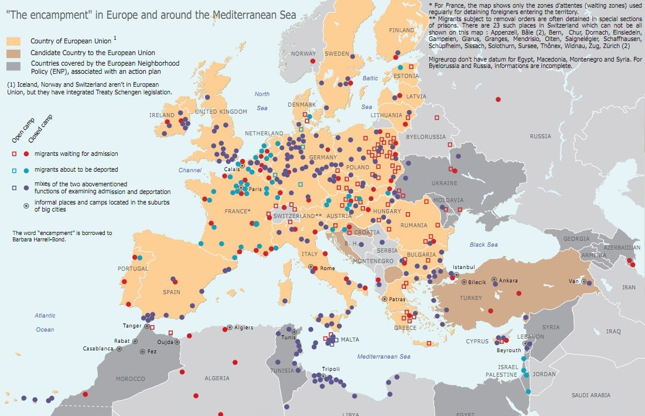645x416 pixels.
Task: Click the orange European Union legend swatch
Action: click(x=13, y=42)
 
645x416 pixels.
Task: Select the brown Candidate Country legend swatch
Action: click(x=13, y=53)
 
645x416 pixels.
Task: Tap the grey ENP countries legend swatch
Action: click(x=13, y=66)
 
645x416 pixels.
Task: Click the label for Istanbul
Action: click(x=463, y=267)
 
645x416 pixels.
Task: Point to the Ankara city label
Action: click(x=508, y=281)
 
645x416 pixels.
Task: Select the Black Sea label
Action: click(x=483, y=244)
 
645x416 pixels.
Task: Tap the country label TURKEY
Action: click(x=470, y=298)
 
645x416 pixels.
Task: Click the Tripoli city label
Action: click(x=330, y=369)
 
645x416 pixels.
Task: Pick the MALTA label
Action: click(x=350, y=340)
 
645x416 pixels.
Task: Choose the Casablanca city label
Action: click(x=98, y=349)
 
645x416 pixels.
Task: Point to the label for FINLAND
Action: click(x=401, y=30)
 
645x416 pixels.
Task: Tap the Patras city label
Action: click(x=397, y=299)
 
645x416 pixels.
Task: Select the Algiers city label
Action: click(x=243, y=328)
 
